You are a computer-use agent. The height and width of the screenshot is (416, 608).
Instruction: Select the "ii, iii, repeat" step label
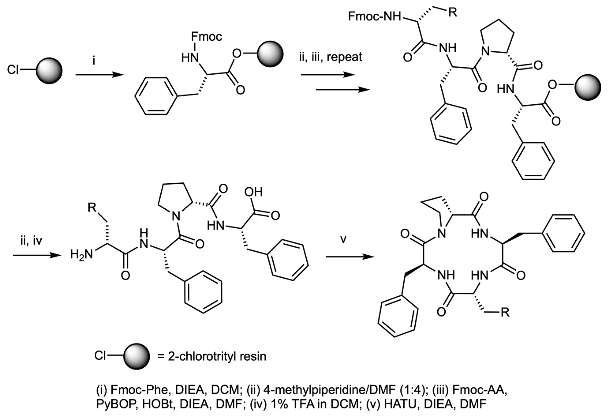pyautogui.click(x=330, y=57)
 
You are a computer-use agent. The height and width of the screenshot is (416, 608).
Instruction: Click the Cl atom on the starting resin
pyautogui.click(x=13, y=70)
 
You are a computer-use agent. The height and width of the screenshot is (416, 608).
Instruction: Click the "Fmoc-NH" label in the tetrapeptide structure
pyautogui.click(x=374, y=17)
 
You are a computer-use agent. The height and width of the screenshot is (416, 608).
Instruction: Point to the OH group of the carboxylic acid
pyautogui.click(x=253, y=192)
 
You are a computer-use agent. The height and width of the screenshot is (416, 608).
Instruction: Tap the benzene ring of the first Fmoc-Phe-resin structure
pyautogui.click(x=156, y=96)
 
